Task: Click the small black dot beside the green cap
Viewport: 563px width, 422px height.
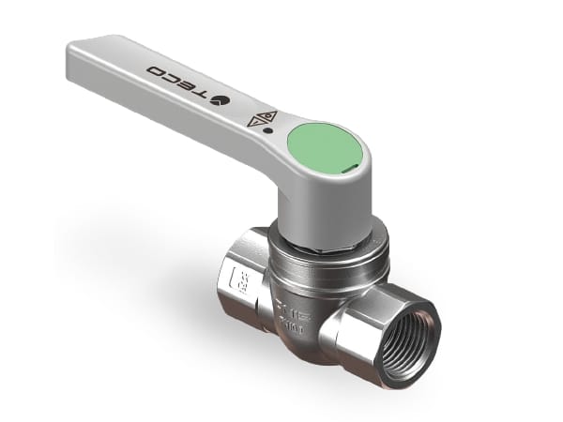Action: (x=269, y=131)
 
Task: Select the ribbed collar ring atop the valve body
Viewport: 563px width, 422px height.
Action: (x=324, y=263)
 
